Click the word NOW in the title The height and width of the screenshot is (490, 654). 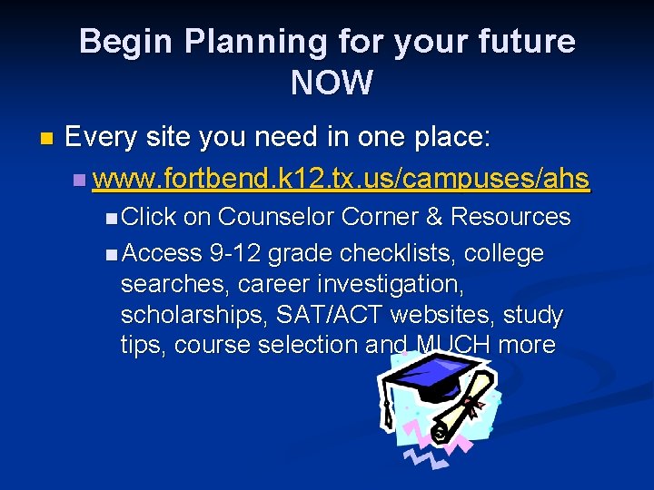332,83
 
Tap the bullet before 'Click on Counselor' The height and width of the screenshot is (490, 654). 110,218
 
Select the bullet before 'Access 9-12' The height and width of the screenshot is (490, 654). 110,254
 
